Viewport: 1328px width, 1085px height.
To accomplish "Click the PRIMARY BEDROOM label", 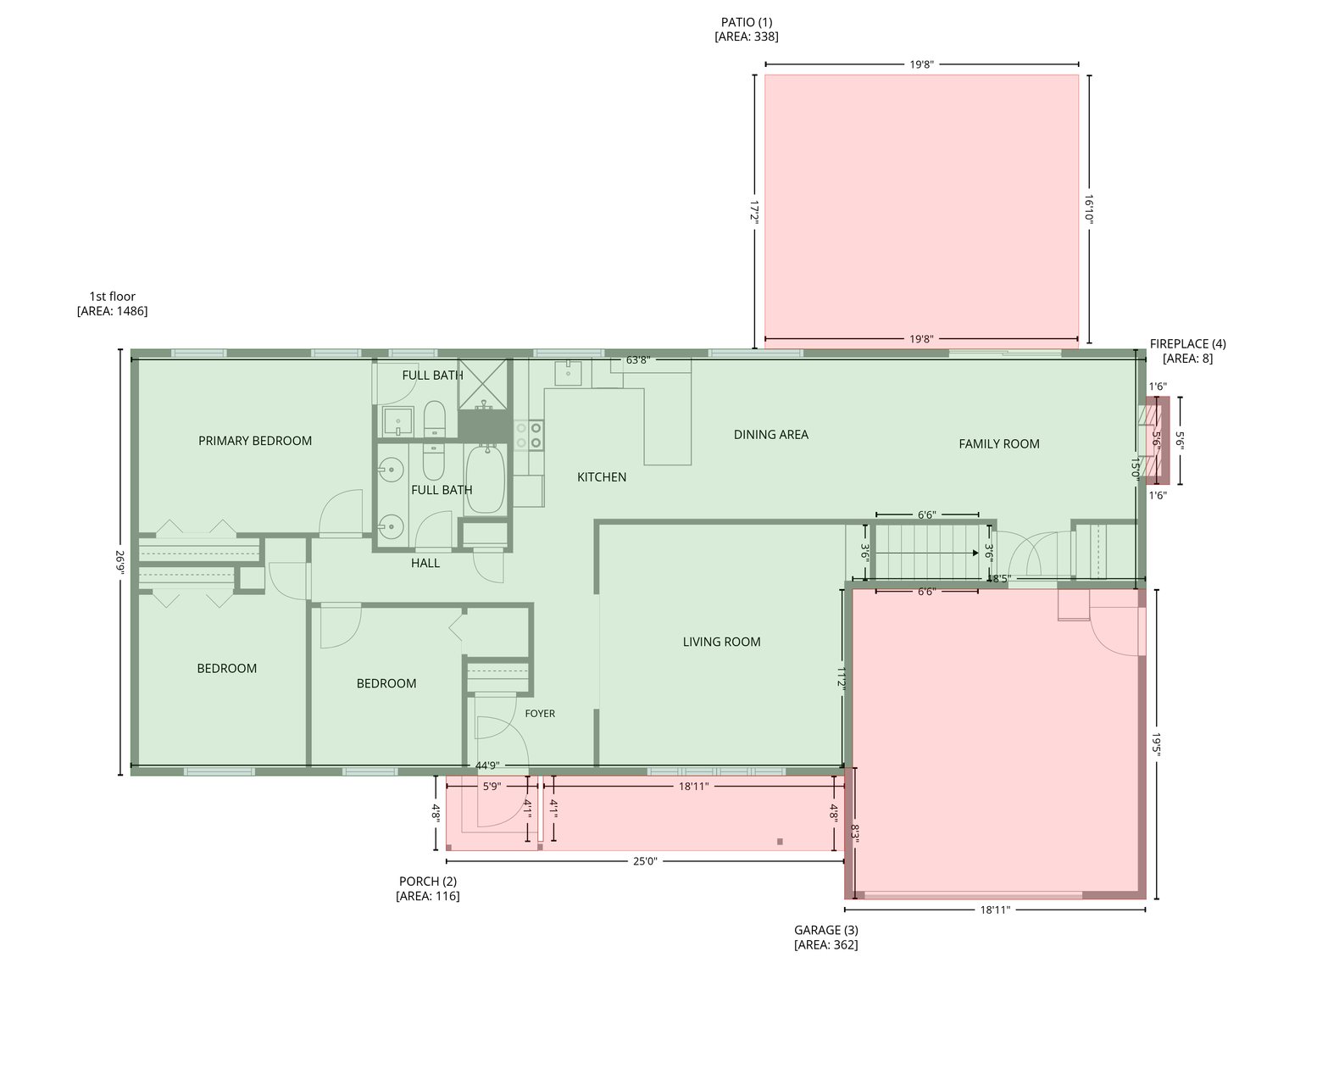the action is [254, 441].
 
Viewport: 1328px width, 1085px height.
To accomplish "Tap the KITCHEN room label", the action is [602, 477].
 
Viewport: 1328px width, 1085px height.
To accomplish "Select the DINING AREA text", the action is [770, 435].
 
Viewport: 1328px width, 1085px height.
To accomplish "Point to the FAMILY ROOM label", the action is [998, 444].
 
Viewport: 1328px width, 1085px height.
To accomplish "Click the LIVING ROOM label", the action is [721, 642].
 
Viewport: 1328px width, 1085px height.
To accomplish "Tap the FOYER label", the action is [540, 714].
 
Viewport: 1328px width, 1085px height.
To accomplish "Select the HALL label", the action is [425, 563].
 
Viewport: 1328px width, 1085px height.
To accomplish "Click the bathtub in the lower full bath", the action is [485, 479].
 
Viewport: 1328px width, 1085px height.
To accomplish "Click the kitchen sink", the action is [568, 373].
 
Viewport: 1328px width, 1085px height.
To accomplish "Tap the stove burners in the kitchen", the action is [529, 435].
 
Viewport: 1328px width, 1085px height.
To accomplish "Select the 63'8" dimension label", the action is [638, 360].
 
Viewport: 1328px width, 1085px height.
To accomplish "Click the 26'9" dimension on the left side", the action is [119, 562].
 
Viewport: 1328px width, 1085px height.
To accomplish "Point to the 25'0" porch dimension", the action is [645, 861].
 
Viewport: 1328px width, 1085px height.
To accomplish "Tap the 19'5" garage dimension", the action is [1156, 743].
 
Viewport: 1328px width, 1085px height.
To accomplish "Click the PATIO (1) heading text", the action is [746, 22].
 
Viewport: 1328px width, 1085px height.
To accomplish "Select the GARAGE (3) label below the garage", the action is [825, 930].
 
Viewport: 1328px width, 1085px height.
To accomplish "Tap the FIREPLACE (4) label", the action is [1187, 344].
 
